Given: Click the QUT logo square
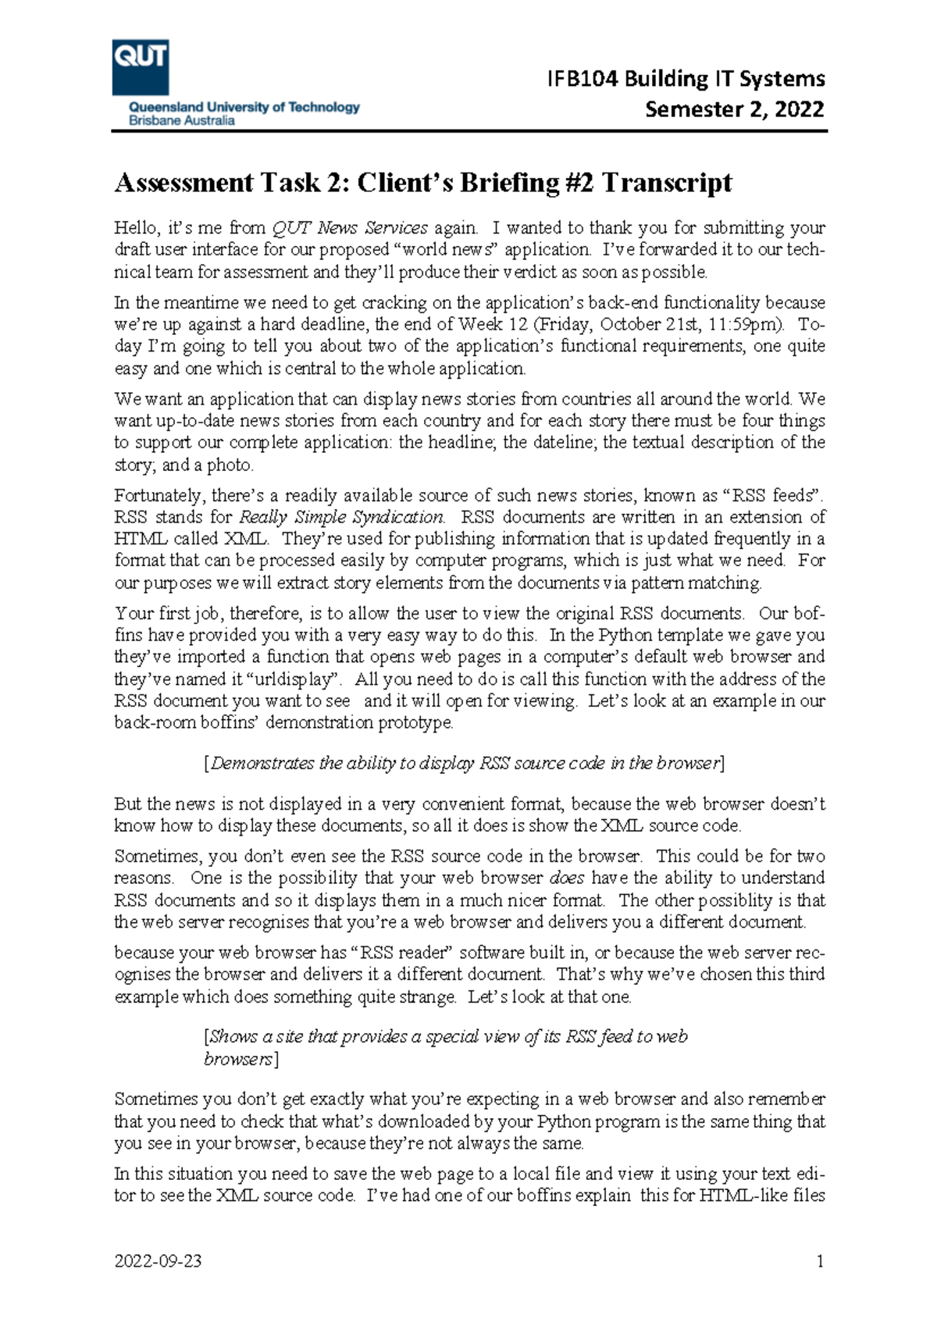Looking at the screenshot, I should pos(141,67).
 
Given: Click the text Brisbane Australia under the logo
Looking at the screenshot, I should pos(181,121).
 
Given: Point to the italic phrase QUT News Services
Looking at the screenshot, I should pos(349,228).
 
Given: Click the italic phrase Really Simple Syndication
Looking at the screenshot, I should pos(342,517).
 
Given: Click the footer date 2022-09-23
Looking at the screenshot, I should pos(158,1261).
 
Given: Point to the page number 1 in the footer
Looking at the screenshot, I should pos(820,1261).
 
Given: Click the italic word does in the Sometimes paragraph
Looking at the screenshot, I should pos(567,878).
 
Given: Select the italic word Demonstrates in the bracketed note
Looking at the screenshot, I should pos(262,763).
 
